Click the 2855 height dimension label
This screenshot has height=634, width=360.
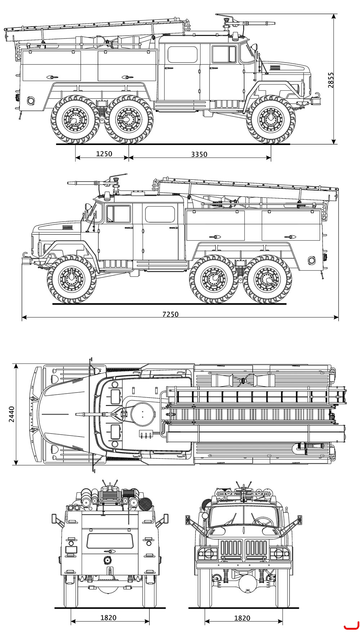(331, 80)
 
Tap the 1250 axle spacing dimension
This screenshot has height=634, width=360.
(104, 154)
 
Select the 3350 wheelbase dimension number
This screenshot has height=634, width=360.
(199, 154)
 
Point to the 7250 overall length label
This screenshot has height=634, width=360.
(170, 314)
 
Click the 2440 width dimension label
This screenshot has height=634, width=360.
(12, 414)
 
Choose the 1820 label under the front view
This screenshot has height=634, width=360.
(242, 618)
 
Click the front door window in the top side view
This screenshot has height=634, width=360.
(224, 54)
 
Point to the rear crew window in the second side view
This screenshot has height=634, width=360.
(159, 214)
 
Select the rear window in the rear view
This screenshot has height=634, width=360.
(110, 541)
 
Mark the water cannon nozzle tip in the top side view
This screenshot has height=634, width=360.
(275, 23)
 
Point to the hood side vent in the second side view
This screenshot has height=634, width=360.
(67, 227)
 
